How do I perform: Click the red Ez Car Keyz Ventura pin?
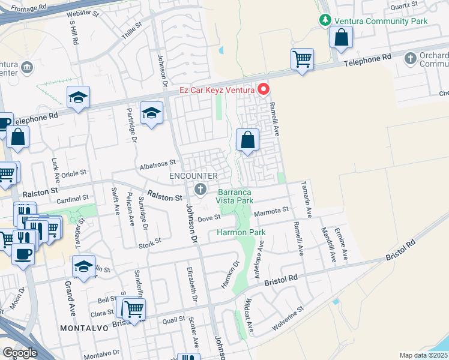pos(263,90)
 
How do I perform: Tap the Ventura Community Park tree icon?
pos(325,20)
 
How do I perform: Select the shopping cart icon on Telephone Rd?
pos(302,59)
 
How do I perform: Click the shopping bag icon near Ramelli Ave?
pos(247,141)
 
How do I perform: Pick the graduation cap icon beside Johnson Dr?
pos(152,113)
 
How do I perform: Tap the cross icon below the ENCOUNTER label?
pos(200,190)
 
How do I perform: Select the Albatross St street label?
pos(157,163)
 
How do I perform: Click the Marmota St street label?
pos(271,211)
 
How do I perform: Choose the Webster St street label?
pos(82,12)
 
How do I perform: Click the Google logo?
pos(20,353)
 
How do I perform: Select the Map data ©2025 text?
pos(423,355)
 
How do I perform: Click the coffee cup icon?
pos(23,253)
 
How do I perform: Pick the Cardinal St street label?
pos(72,197)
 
